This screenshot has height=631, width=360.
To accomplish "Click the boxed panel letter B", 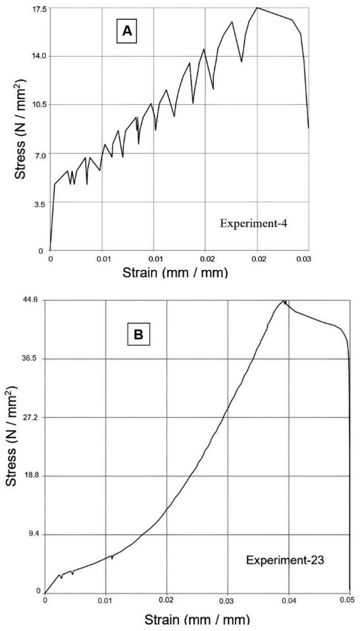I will coord(138,334).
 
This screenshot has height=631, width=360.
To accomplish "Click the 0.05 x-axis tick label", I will coord(349,600).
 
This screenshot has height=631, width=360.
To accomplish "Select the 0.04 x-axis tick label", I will coord(289,600).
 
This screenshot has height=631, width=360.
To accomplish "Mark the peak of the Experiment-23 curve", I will coord(284,301).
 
